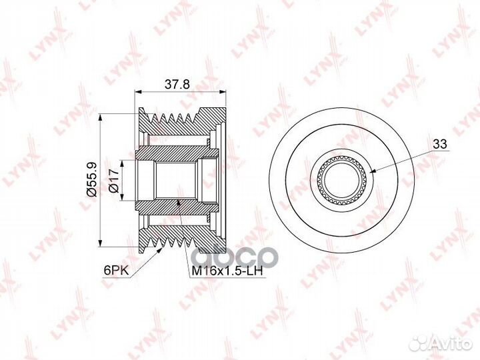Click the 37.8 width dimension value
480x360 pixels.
[177, 83]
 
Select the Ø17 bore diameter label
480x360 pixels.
[114, 180]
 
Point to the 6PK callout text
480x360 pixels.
[116, 270]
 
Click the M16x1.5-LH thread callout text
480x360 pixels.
[227, 271]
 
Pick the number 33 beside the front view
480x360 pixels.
[440, 144]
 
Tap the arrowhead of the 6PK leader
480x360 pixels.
[159, 251]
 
